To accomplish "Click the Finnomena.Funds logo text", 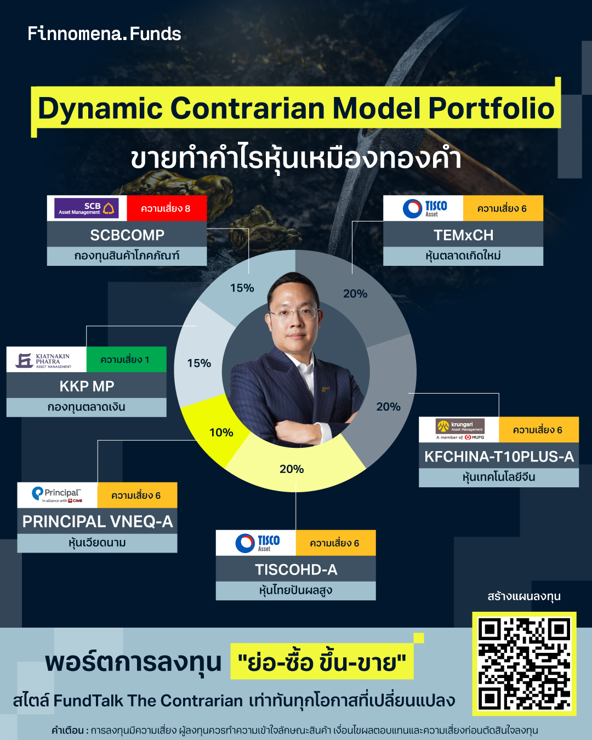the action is (104, 34).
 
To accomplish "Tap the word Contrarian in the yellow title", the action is (250, 108).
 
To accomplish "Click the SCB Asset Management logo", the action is (87, 208).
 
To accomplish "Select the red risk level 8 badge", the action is (166, 208).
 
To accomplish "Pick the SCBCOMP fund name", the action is (127, 235).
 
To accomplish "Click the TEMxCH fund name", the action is (463, 235).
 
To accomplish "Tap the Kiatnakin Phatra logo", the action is (46, 360).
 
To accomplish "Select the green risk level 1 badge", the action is (126, 360).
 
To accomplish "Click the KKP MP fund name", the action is (87, 386).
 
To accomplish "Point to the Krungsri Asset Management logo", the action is (459, 430).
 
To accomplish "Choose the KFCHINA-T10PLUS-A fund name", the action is (499, 457).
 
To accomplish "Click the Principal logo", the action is (57, 495).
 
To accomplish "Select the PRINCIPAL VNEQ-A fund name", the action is (97, 522).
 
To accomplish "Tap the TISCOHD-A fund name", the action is (296, 570).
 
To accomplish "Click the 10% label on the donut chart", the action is (221, 432).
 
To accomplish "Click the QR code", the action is (524, 663).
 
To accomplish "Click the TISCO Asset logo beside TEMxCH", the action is (424, 208).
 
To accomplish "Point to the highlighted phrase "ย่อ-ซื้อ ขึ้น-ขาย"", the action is (322, 662).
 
